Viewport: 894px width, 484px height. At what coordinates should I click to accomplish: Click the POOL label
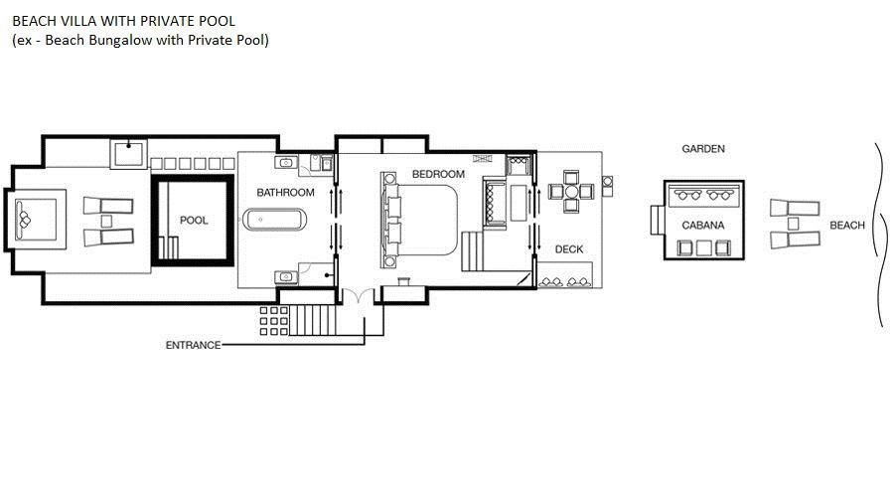[194, 221]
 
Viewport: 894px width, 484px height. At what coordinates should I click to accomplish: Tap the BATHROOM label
[285, 193]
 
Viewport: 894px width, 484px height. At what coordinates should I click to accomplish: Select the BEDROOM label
[438, 174]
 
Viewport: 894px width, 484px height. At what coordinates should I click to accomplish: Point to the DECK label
[569, 249]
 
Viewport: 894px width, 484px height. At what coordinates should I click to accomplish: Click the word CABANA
[703, 226]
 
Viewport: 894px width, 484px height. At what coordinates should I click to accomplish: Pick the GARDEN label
[703, 149]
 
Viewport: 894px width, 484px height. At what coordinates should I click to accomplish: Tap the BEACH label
[847, 226]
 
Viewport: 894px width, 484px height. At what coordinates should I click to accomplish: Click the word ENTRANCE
[193, 345]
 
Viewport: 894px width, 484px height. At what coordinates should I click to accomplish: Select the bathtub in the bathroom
[275, 220]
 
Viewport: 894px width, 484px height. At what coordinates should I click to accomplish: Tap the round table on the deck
[571, 191]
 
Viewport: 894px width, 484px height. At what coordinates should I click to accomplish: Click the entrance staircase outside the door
[313, 320]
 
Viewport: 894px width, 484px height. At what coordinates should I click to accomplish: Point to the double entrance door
[358, 295]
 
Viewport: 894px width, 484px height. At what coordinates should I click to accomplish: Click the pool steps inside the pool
[168, 247]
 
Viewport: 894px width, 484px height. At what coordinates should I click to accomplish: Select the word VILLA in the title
[82, 21]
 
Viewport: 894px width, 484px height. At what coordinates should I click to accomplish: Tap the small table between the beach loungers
[793, 224]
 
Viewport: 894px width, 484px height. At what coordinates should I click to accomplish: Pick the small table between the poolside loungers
[106, 221]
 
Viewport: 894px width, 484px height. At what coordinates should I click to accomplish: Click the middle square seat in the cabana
[704, 247]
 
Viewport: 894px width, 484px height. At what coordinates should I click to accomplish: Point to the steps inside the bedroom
[473, 251]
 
